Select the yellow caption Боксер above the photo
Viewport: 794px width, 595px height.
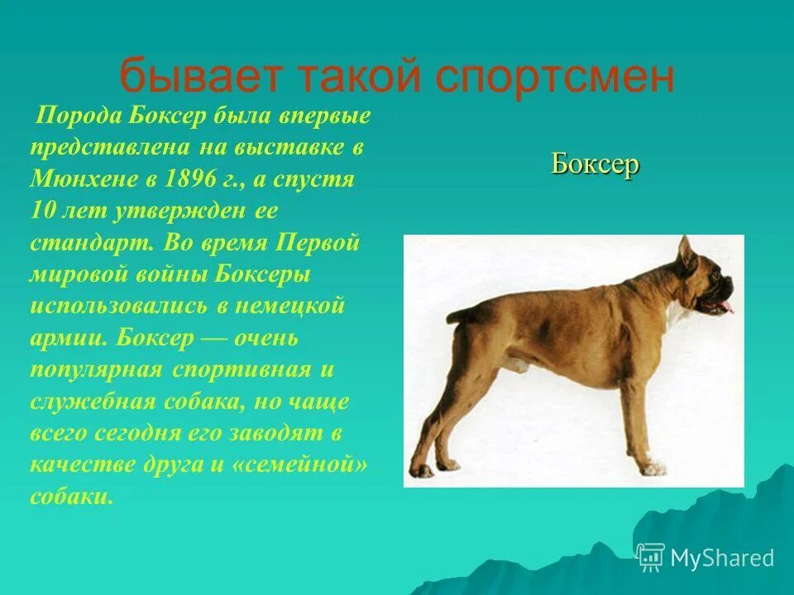point(595,164)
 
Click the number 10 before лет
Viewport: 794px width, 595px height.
point(44,211)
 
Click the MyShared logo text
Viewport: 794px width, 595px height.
point(722,558)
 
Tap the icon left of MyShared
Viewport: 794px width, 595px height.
point(651,557)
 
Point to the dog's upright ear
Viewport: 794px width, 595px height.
point(686,255)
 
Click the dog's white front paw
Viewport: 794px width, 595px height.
point(653,469)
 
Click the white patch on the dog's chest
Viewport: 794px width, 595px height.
point(678,317)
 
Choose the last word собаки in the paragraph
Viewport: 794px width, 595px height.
point(70,497)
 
